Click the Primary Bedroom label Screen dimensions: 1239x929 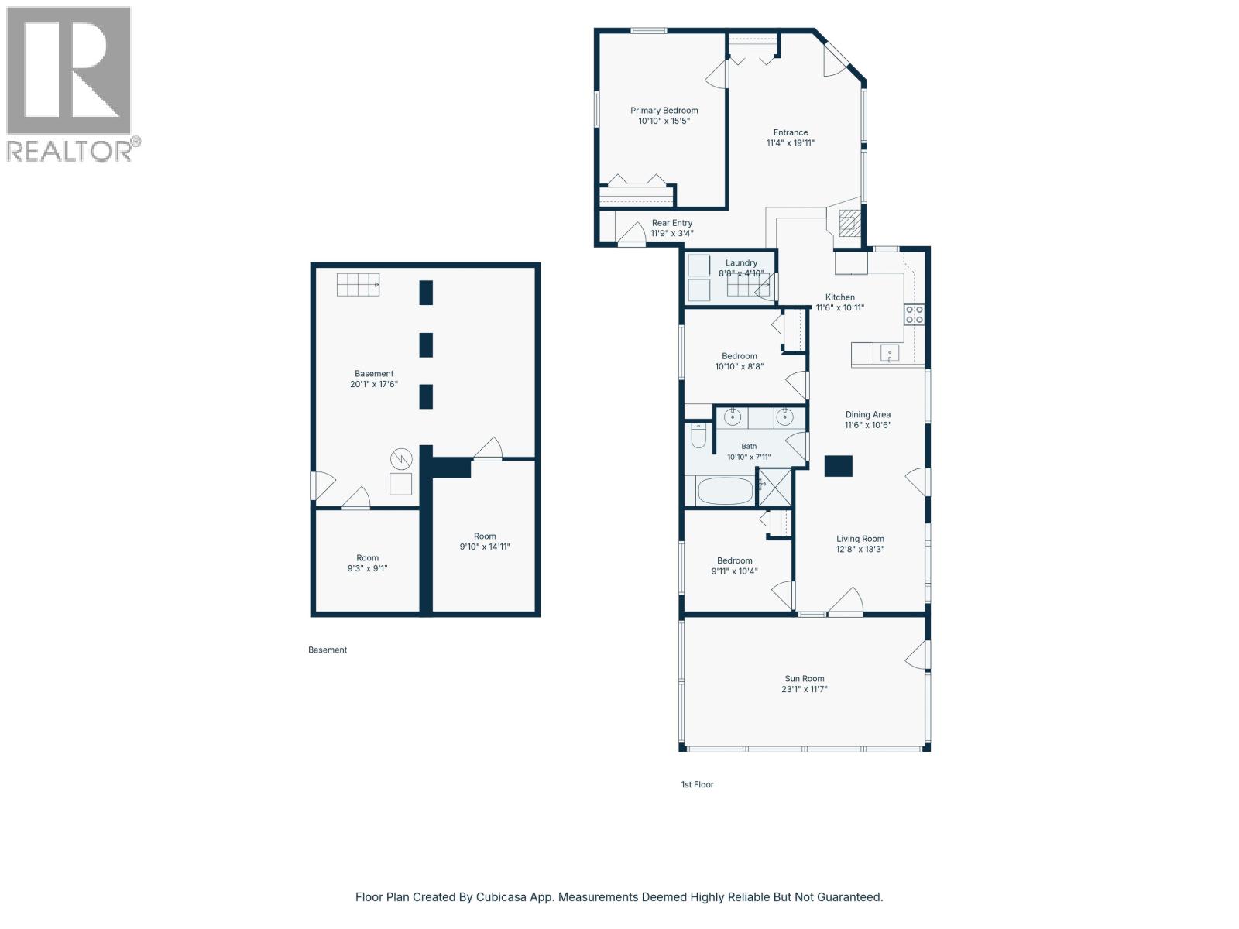[x=664, y=111]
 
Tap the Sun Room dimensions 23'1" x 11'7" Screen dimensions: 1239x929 [x=805, y=689]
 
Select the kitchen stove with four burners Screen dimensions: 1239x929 [x=915, y=314]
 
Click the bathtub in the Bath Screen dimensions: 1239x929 [x=726, y=492]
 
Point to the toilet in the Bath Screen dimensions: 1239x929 [x=698, y=435]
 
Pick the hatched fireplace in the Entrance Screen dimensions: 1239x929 [x=849, y=223]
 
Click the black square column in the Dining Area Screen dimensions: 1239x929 [x=838, y=466]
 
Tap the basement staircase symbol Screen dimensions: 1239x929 [x=358, y=284]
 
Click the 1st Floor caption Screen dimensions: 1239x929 [x=697, y=784]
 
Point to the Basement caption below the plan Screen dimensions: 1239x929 [x=328, y=650]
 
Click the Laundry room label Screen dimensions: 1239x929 [x=741, y=263]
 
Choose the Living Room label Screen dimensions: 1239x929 [x=860, y=539]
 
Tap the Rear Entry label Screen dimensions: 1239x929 [x=671, y=223]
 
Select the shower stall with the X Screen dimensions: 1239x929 [x=774, y=488]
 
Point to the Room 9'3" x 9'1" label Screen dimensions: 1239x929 [x=368, y=563]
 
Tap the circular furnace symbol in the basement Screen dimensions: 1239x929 [x=401, y=459]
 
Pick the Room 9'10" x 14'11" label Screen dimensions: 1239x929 [x=485, y=541]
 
